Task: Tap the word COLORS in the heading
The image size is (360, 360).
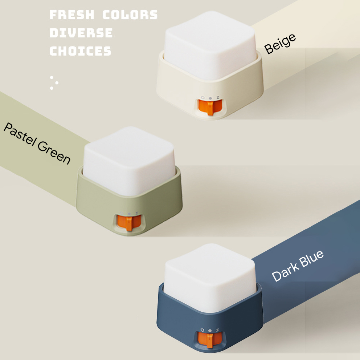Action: (130, 15)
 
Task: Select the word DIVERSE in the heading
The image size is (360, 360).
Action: (81, 33)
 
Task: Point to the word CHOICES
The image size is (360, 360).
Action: (80, 51)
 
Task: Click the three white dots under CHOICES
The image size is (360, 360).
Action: (54, 82)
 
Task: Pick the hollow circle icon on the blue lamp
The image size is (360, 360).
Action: (202, 330)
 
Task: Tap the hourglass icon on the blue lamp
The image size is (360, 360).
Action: (217, 330)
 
